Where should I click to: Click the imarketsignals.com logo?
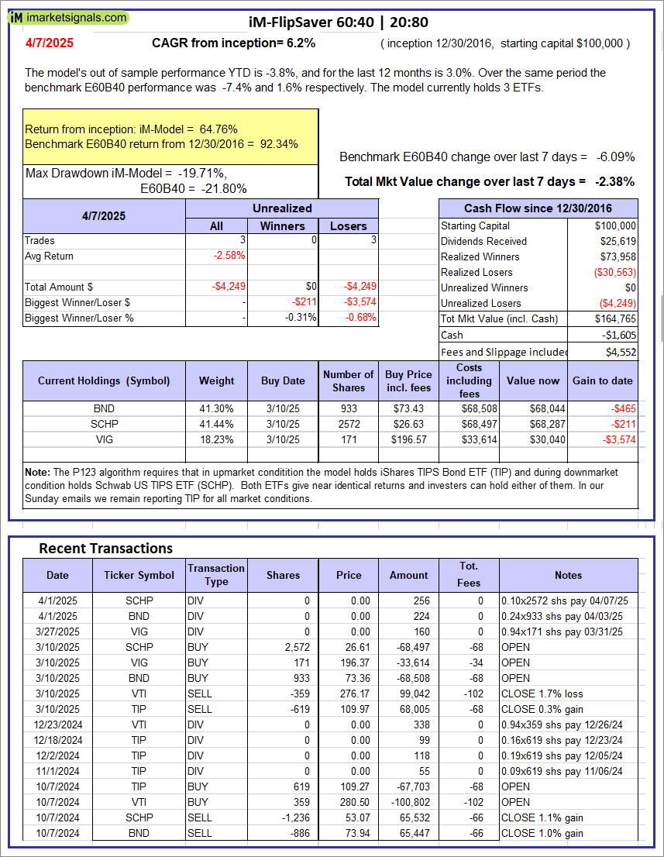[70, 17]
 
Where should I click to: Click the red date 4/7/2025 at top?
[49, 43]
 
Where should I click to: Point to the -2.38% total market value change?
[615, 182]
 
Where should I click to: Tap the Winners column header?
[282, 225]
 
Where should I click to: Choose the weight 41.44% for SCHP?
[216, 424]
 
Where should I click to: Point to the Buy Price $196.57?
[409, 439]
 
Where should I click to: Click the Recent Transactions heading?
[105, 548]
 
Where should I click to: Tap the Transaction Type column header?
[216, 575]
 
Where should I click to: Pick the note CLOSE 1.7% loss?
[542, 694]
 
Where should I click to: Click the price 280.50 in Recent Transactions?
[348, 802]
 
